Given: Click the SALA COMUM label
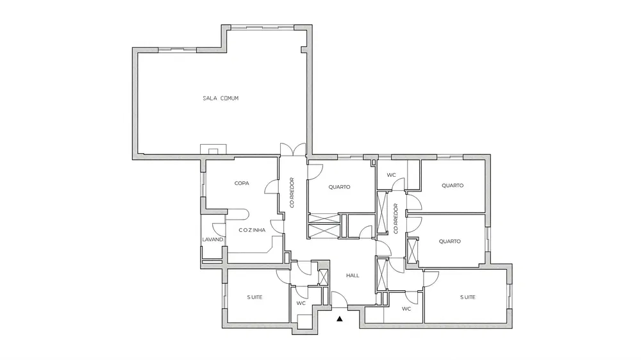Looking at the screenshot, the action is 221,98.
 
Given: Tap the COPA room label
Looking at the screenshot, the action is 242,183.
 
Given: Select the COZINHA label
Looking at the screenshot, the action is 252,230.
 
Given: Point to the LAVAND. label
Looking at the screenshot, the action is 213,240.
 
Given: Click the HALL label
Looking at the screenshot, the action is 353,275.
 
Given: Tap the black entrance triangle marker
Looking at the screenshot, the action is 339,319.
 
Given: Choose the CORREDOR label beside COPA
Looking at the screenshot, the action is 292,192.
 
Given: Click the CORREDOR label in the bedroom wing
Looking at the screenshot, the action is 395,218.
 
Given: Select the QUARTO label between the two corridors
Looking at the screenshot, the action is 339,187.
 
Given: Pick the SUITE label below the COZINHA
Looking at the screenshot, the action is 254,297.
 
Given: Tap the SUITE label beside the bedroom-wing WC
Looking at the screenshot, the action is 468,297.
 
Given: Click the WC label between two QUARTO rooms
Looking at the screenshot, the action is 391,175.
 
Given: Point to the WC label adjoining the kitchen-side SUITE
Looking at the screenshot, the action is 301,303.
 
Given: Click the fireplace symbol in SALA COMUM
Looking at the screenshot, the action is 213,149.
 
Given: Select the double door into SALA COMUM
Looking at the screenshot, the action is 293,149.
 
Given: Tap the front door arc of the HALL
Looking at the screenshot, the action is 339,300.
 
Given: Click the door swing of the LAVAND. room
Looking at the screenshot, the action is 219,229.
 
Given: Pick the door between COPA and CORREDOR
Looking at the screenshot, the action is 272,187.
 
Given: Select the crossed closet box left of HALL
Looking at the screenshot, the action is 323,277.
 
